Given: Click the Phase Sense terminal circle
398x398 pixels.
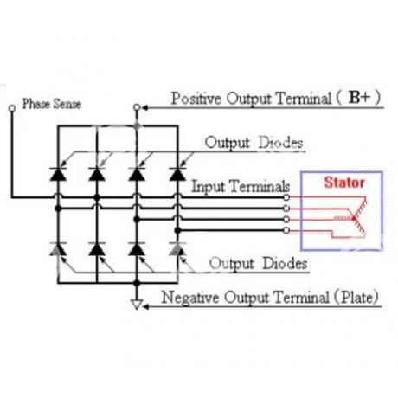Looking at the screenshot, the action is point(12,108).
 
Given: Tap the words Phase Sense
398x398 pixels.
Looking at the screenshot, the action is point(52,104).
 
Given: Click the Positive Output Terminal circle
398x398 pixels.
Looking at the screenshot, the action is point(137,107).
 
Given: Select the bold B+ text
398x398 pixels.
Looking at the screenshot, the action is point(359,98).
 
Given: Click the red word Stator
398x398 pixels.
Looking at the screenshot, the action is point(344,183).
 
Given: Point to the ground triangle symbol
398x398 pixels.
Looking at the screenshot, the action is point(137,305).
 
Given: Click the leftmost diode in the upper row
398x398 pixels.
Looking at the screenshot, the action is point(58,174).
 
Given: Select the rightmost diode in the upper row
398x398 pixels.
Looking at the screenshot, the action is point(177,174).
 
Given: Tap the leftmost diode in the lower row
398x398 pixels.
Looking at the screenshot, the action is point(58,249).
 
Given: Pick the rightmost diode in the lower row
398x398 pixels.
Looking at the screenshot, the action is point(177,249).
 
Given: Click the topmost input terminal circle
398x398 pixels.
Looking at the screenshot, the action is point(286,197).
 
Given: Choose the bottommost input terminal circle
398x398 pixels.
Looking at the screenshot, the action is point(286,230).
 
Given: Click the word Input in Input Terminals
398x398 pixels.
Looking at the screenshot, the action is point(209,187).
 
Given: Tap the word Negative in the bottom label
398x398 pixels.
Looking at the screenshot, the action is point(190,297).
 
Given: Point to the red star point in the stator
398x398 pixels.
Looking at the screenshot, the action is point(354,219).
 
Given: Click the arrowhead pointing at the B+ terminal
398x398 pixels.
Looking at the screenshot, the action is point(144,108).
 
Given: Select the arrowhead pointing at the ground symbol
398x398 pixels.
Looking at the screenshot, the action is point(146,306).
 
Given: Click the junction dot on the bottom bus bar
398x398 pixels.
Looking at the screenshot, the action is point(137,283).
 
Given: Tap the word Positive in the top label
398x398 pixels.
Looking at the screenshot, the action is point(196,99).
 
